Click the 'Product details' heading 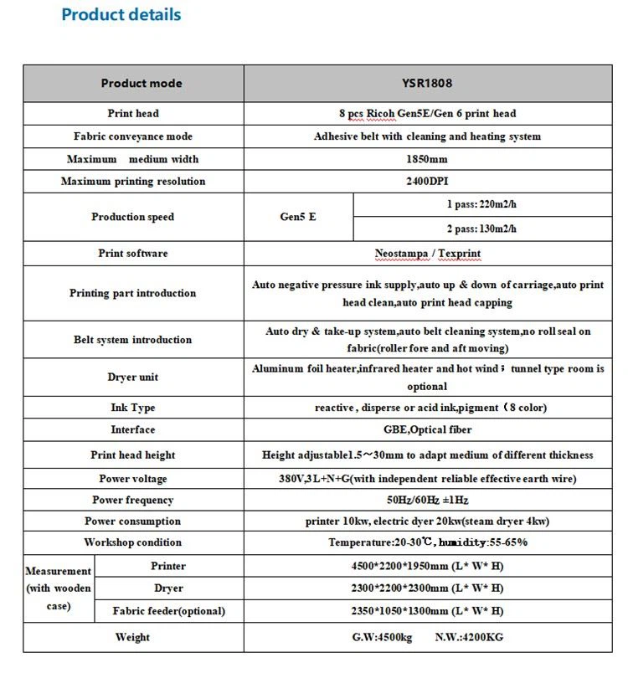pyautogui.click(x=121, y=15)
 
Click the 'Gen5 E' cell pyautogui.click(x=298, y=217)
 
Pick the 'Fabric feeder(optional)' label pyautogui.click(x=168, y=611)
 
